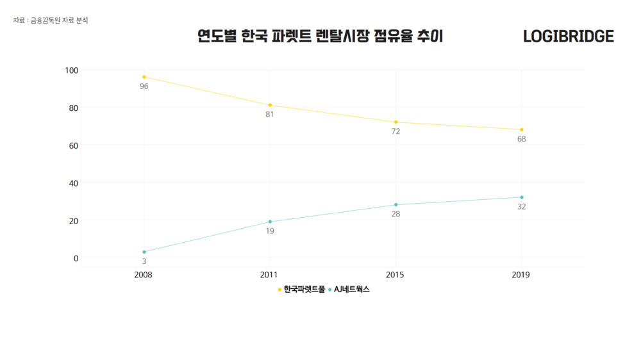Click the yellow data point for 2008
coord(144,77)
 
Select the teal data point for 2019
coord(522,197)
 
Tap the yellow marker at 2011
coord(270,105)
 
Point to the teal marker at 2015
coord(396,205)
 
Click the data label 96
coord(144,86)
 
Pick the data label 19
coord(270,231)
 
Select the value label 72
coord(396,131)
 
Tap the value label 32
coord(522,207)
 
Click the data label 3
coord(144,261)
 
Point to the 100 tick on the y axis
coord(71,70)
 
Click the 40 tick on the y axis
coord(72,183)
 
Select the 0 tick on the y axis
coord(75,258)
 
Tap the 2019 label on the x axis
coord(521,275)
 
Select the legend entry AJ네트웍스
coord(351,290)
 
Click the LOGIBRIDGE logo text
coord(568,37)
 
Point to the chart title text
coord(320,37)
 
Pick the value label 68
coord(522,139)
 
